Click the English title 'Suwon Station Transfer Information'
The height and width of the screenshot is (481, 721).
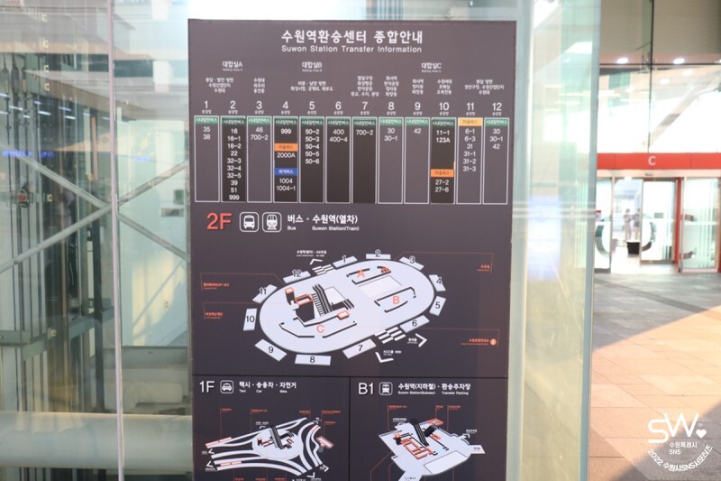[351, 50]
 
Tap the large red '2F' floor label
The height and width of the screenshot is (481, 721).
[220, 221]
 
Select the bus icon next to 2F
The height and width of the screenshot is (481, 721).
[248, 221]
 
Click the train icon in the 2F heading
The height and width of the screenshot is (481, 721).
[270, 221]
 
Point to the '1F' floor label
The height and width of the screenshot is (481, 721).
[206, 387]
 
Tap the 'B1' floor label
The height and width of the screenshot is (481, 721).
[365, 387]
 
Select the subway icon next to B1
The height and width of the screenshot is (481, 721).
[386, 387]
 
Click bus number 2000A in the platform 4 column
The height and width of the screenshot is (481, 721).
[286, 155]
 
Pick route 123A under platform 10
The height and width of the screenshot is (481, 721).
[443, 141]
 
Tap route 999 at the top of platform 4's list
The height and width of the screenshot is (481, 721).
[286, 131]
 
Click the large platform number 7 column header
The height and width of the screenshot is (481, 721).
[365, 106]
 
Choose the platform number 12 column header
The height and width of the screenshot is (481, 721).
[496, 106]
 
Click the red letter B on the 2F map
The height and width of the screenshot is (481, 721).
[395, 299]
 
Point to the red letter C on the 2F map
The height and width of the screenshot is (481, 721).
[320, 329]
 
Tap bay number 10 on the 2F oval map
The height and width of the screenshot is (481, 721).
[251, 319]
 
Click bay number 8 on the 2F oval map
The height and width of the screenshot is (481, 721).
[312, 359]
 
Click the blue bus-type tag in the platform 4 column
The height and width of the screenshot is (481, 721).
[286, 170]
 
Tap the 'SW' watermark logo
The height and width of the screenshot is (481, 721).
[672, 426]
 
